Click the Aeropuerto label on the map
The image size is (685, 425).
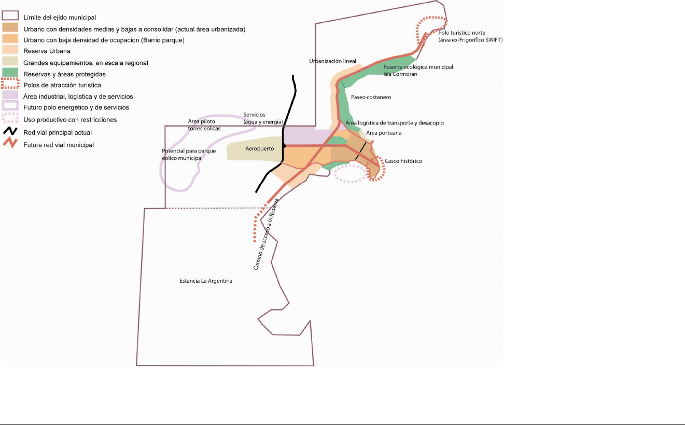coord(259,148)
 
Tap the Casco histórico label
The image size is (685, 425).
coord(403,161)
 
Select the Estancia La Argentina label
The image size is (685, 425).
coord(205,281)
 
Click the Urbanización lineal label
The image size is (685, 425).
coord(332,61)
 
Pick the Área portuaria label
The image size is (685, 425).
coord(383,133)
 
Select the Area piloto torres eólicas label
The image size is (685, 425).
coord(204,125)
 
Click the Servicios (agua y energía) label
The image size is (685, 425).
coord(263,118)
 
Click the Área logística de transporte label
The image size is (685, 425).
coord(394,123)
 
